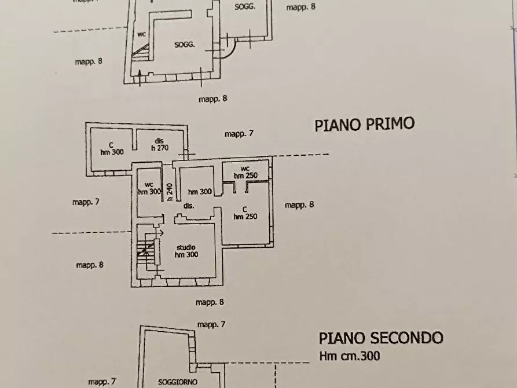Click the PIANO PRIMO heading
[364, 125]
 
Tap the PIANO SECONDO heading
[381, 338]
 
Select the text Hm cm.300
[349, 356]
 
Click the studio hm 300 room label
[186, 251]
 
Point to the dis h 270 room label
[159, 144]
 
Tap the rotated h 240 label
[170, 192]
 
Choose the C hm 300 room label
[112, 148]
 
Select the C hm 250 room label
[245, 213]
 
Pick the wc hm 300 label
[149, 188]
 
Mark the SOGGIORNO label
[178, 382]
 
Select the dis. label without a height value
[188, 206]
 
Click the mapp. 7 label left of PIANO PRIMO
[239, 134]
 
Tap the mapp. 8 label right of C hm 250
[299, 204]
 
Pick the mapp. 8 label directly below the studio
[210, 302]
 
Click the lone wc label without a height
[141, 34]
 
